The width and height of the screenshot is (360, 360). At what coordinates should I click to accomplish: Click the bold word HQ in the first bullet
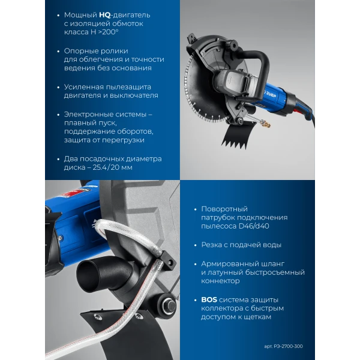[x=104, y=15]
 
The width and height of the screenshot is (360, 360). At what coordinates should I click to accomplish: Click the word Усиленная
[x=85, y=87]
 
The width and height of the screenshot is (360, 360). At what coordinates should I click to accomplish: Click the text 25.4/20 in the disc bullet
[x=106, y=167]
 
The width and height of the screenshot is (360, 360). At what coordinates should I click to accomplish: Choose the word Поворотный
[x=224, y=209]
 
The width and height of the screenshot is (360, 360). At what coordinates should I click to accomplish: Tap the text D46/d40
[x=254, y=226]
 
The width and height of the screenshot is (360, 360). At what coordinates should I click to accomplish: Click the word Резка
[x=211, y=245]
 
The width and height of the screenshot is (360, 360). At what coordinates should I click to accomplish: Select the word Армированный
[x=231, y=264]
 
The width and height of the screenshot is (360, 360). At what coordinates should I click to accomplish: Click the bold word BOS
[x=209, y=300]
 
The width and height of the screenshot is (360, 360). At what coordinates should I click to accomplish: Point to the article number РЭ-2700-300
[x=288, y=346]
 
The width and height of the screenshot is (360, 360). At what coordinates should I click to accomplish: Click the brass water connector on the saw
[x=266, y=124]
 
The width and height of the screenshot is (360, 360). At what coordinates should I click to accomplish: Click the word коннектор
[x=220, y=281]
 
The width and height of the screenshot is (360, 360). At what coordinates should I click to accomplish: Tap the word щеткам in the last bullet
[x=259, y=317]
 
